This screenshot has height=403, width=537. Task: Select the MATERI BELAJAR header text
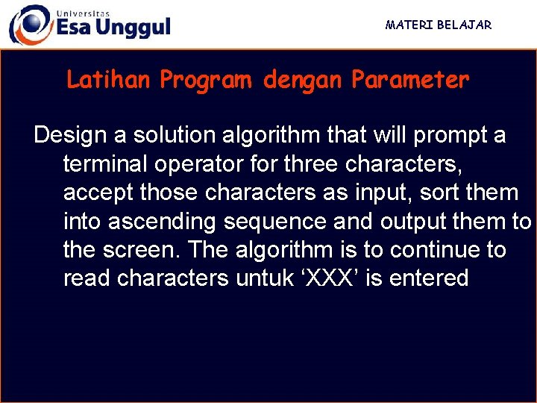(x=439, y=25)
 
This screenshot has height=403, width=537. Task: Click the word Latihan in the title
(x=109, y=80)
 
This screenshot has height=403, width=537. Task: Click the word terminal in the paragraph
(x=107, y=163)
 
